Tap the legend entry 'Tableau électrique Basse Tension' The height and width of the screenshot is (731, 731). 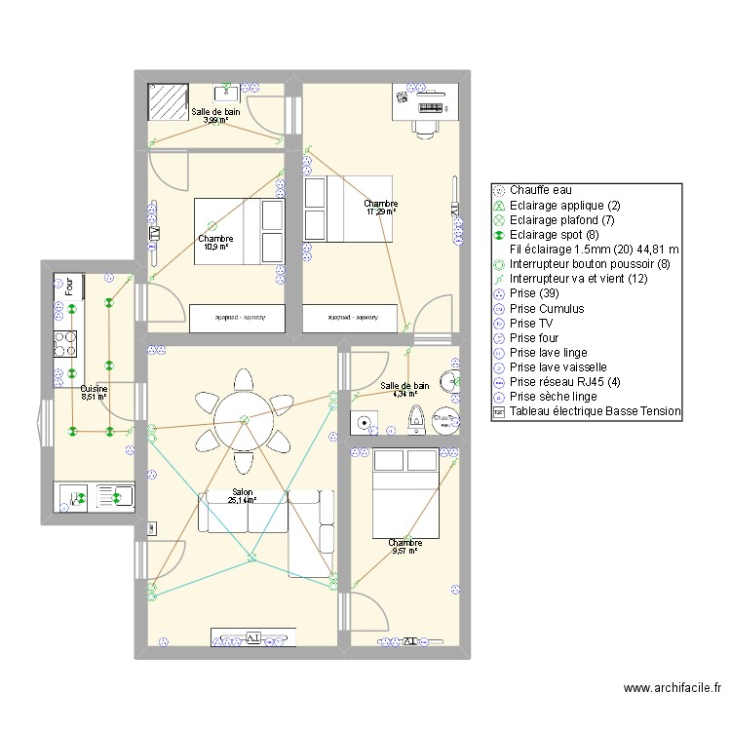[595, 412]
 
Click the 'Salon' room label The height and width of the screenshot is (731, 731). [243, 493]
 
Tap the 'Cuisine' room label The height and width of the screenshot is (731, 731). [94, 388]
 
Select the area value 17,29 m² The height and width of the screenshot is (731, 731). [381, 212]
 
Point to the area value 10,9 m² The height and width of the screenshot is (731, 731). [215, 247]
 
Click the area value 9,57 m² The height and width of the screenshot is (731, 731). [404, 551]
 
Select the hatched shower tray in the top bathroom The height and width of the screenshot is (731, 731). [167, 100]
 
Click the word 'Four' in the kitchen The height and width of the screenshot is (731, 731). [69, 287]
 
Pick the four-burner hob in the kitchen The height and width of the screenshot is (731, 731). [65, 344]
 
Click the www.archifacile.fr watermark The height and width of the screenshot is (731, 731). [673, 688]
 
